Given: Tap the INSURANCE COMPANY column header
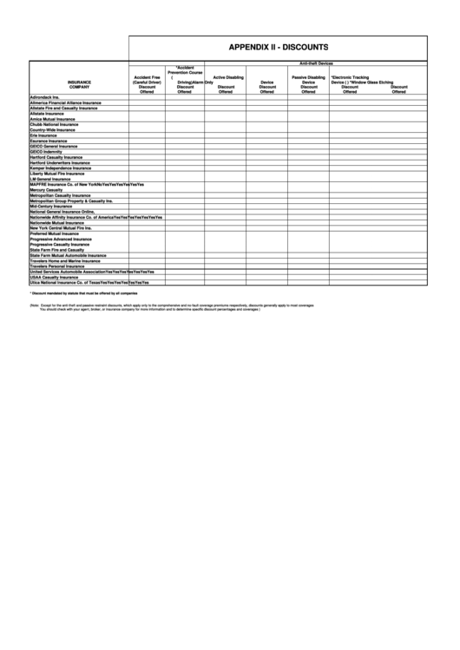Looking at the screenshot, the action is [79, 85].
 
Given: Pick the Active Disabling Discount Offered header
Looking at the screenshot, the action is [227, 84].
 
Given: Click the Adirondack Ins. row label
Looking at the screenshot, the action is [44, 97].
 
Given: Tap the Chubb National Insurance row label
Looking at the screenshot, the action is [55, 124].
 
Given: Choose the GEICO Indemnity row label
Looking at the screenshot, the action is [47, 151].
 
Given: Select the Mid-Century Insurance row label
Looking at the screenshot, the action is [51, 206].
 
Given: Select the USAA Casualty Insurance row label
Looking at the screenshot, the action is [56, 277].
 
